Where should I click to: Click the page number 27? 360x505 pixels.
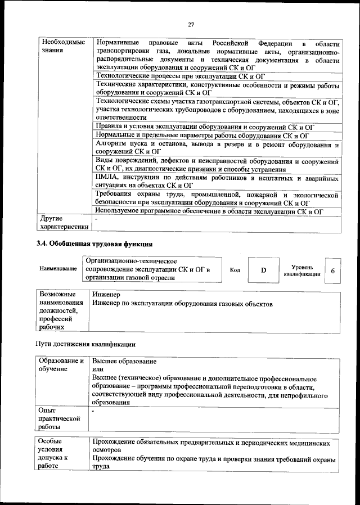click(x=191, y=24)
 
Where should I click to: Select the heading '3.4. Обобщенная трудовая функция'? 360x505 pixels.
click(x=94, y=244)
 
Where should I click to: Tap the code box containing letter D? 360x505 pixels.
click(x=263, y=270)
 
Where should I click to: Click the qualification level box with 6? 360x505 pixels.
click(x=333, y=270)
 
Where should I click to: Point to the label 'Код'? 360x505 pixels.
click(x=235, y=270)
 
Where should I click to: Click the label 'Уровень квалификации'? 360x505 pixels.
click(x=303, y=270)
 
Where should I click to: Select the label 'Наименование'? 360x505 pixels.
click(x=58, y=269)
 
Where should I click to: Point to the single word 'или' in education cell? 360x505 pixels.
click(x=98, y=369)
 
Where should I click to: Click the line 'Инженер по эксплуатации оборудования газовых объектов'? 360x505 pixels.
click(x=183, y=304)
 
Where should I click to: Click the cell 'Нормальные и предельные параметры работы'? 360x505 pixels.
click(x=202, y=136)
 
